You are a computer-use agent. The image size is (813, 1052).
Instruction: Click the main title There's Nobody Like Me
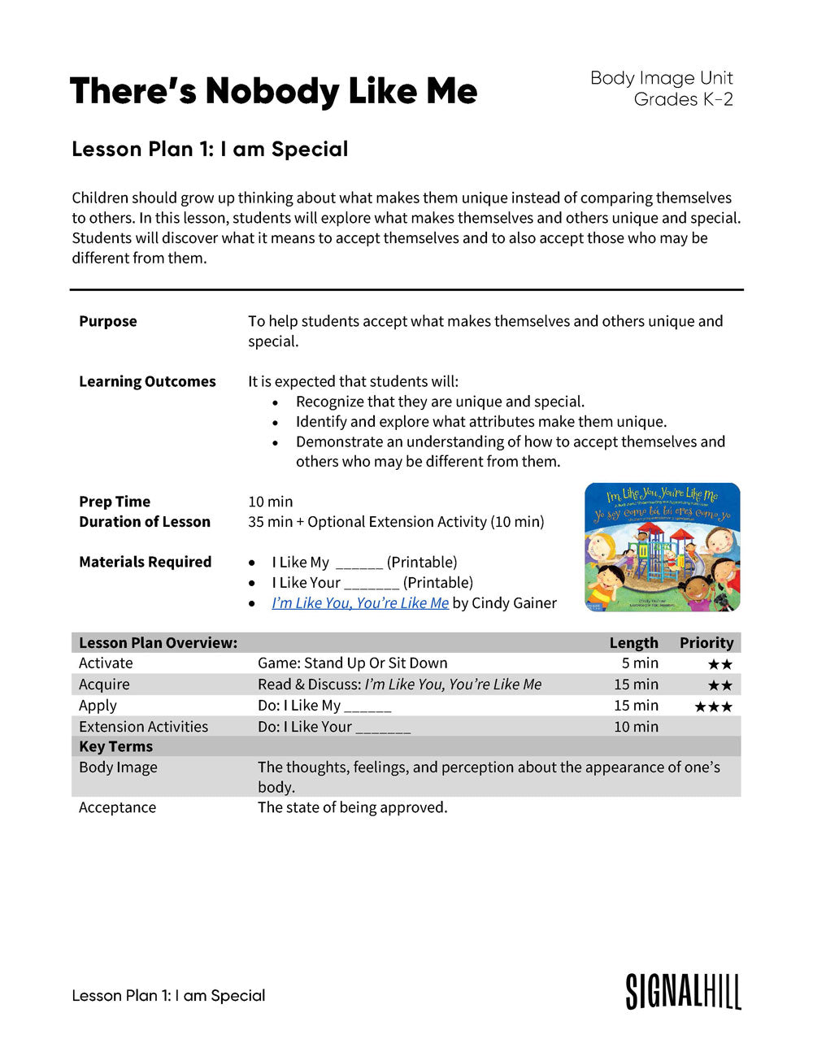[273, 91]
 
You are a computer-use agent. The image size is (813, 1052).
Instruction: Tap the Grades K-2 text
[683, 99]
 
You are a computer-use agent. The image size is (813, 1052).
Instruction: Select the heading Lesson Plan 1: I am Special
[210, 149]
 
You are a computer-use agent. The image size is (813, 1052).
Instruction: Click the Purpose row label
[108, 321]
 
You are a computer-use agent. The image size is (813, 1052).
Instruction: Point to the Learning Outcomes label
[147, 381]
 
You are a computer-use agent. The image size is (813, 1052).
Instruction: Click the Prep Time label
[115, 502]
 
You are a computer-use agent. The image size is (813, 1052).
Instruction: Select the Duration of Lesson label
[145, 522]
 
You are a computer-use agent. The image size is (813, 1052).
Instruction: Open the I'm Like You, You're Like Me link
[360, 602]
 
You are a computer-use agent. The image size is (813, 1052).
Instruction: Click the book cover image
[662, 547]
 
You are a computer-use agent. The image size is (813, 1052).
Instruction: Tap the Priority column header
[706, 642]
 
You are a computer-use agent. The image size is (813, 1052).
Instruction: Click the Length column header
[633, 642]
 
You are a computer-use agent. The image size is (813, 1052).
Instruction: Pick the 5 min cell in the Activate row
[640, 663]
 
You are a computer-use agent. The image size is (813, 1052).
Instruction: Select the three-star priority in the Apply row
[713, 706]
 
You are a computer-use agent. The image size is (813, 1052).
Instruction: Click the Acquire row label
[104, 685]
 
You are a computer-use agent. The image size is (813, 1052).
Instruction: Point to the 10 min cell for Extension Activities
[636, 727]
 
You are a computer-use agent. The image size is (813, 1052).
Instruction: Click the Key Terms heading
[115, 746]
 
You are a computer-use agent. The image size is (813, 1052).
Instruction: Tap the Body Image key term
[118, 767]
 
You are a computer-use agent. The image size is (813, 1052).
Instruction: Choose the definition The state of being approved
[352, 807]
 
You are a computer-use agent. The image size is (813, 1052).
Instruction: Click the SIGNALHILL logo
[683, 992]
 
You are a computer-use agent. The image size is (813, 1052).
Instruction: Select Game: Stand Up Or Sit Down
[352, 663]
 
